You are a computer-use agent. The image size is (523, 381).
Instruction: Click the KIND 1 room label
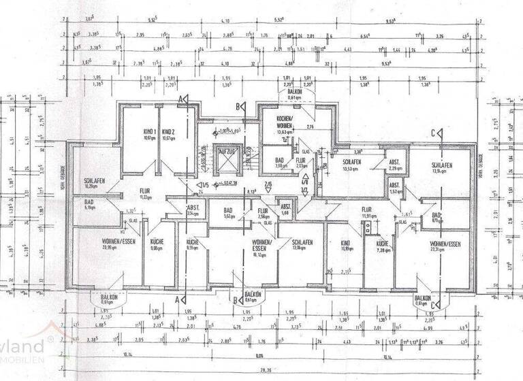(149, 131)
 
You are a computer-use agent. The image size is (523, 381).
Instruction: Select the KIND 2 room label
(170, 131)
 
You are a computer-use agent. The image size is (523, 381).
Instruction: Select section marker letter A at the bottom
(178, 299)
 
